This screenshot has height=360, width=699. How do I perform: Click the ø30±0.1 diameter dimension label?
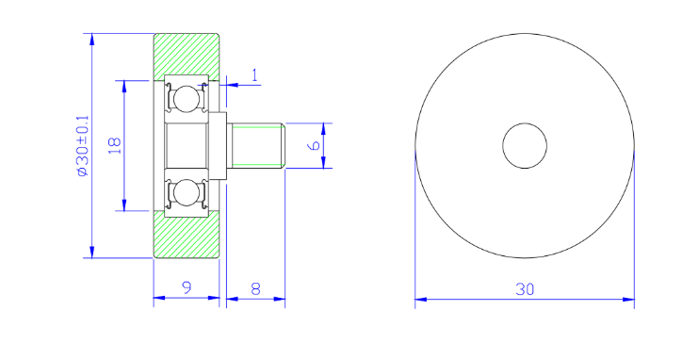tap(83, 146)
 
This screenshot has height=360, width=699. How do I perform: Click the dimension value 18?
tap(115, 146)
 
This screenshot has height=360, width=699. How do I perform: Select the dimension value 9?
tap(187, 287)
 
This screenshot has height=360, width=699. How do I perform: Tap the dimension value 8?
tap(255, 289)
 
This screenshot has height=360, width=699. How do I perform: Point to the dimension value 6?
tap(315, 145)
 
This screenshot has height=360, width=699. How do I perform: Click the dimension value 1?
tap(255, 75)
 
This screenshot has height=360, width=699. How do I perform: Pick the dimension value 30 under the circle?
tap(525, 289)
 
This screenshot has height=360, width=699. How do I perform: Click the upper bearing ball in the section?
tap(186, 99)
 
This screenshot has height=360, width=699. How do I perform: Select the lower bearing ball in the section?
tap(186, 192)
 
